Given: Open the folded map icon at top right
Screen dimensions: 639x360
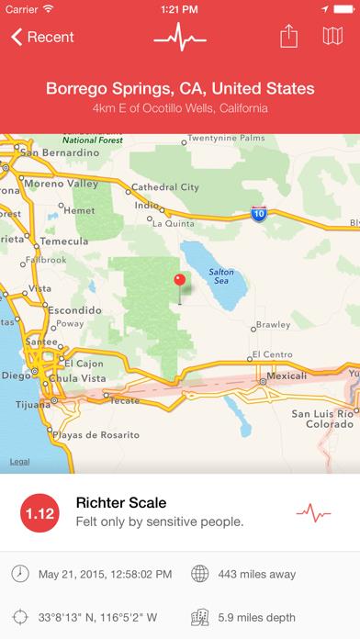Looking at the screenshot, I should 332,38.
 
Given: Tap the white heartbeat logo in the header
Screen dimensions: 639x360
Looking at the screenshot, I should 179,38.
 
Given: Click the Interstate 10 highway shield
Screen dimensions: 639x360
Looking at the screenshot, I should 259,212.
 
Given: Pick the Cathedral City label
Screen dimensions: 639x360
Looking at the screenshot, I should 165,187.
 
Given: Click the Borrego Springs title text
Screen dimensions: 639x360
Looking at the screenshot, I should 180,90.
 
